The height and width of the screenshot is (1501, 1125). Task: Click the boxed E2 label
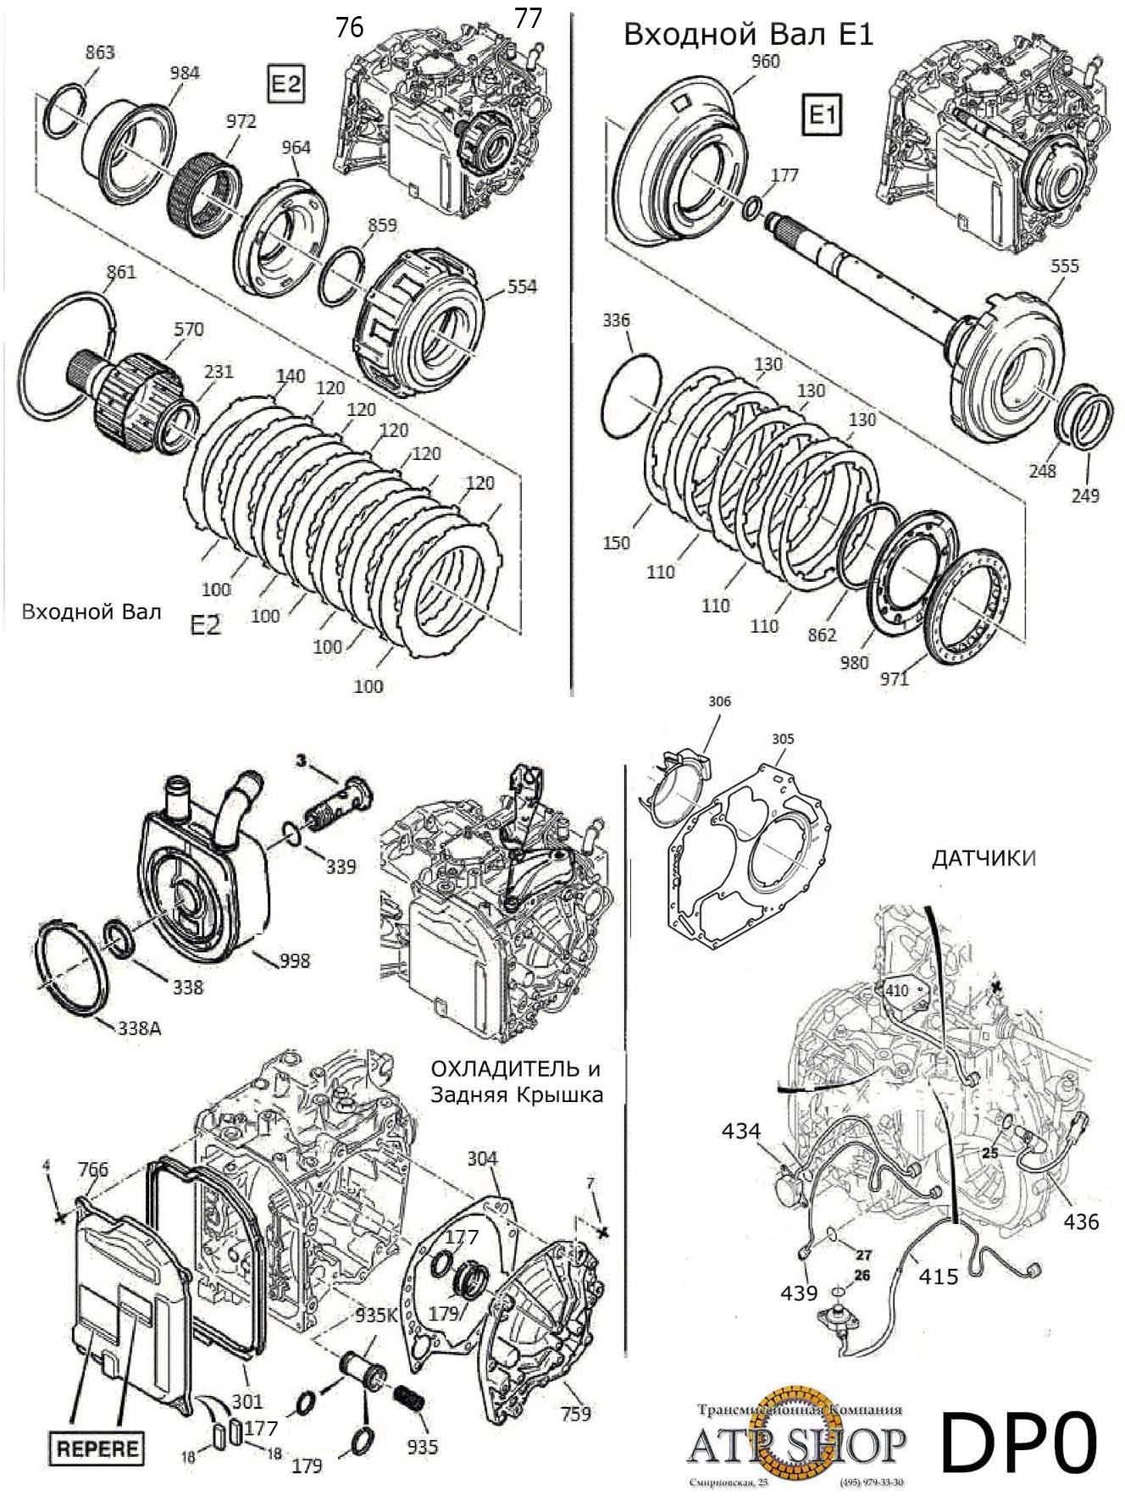click(285, 83)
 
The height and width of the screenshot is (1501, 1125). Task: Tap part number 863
click(100, 53)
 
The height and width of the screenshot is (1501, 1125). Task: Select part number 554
click(522, 286)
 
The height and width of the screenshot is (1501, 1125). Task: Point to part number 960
click(765, 61)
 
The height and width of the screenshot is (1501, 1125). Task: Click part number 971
click(894, 678)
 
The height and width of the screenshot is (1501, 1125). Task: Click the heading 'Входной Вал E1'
click(748, 34)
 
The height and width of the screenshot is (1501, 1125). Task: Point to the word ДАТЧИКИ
click(984, 859)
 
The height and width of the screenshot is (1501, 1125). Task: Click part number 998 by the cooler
click(294, 961)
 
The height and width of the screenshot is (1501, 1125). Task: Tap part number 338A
click(139, 1029)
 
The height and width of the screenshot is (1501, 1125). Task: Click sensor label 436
click(1082, 1221)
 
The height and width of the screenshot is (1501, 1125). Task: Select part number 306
click(719, 701)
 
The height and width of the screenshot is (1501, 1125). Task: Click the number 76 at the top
click(349, 27)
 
